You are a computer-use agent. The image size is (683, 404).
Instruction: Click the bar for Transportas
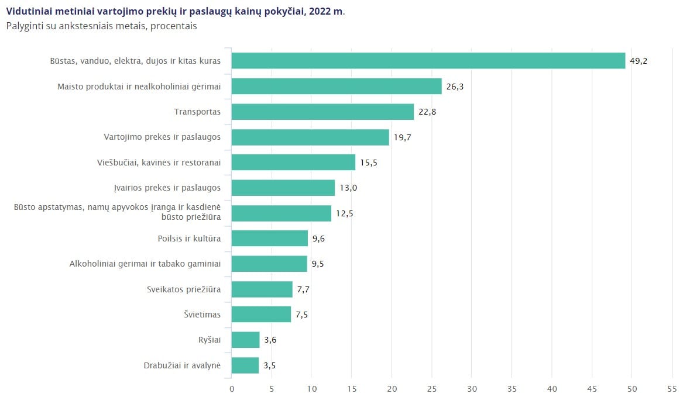pyautogui.click(x=322, y=112)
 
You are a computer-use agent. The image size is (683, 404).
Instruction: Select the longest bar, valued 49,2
pyautogui.click(x=428, y=61)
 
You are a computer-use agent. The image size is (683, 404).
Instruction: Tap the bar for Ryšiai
pyautogui.click(x=245, y=340)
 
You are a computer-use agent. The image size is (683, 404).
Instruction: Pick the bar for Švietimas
pyautogui.click(x=261, y=315)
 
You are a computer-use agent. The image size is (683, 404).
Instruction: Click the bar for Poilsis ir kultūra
pyautogui.click(x=270, y=238)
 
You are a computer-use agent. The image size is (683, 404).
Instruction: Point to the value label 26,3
pyautogui.click(x=455, y=86)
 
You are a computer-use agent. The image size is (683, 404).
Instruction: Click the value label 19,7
pyautogui.click(x=403, y=137)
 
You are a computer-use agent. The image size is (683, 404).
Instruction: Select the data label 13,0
pyautogui.click(x=348, y=188)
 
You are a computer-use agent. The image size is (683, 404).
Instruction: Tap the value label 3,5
pyautogui.click(x=269, y=365)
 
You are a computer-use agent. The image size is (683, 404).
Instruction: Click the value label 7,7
pyautogui.click(x=303, y=289)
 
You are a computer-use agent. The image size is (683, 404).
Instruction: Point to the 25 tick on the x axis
pyautogui.click(x=432, y=389)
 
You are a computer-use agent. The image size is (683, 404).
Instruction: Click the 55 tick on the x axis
pyautogui.click(x=672, y=389)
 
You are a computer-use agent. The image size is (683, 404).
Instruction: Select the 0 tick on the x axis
pyautogui.click(x=231, y=389)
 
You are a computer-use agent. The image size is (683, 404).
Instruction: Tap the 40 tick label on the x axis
pyautogui.click(x=552, y=389)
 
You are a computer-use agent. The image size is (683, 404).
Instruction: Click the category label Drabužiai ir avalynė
pyautogui.click(x=182, y=365)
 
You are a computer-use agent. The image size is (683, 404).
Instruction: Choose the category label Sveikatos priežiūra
pyautogui.click(x=184, y=289)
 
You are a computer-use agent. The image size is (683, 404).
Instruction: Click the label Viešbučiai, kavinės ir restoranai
pyautogui.click(x=159, y=163)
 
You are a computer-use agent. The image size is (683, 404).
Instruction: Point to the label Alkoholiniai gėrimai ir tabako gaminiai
pyautogui.click(x=145, y=263)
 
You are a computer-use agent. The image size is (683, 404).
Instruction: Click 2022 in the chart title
pyautogui.click(x=320, y=11)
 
